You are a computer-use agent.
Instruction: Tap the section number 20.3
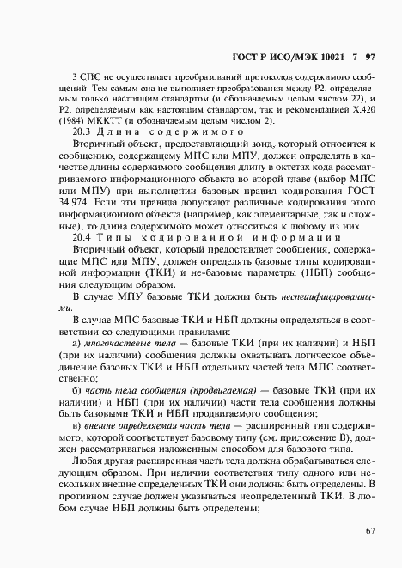pos(82,133)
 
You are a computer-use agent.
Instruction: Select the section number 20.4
pos(82,235)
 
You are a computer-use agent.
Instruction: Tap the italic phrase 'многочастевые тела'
pos(125,342)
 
